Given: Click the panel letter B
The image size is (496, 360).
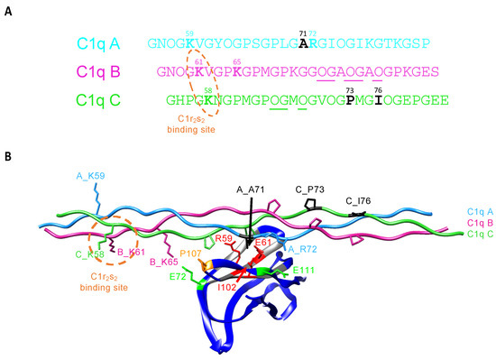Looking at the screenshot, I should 8,155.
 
